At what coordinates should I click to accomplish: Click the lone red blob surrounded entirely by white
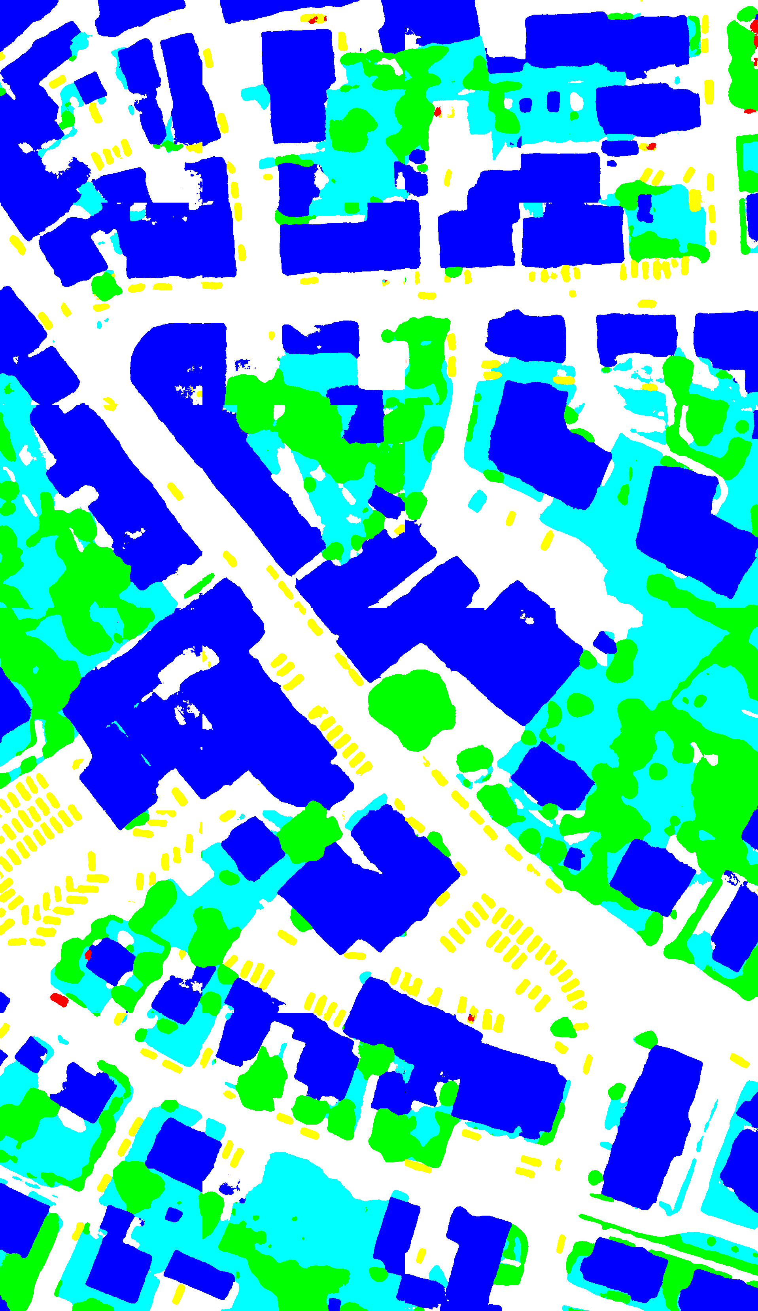59,1000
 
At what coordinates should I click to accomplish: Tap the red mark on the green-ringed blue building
89,954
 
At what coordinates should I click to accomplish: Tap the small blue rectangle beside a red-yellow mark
620,147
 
